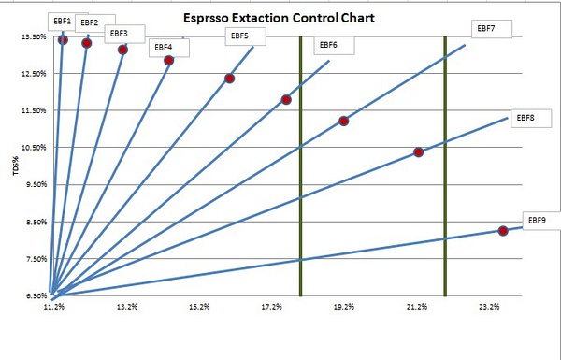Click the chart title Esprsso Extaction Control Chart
coord(279,18)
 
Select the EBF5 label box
coord(245,36)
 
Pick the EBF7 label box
coord(492,29)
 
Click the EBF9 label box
coord(541,221)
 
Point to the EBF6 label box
coord(334,45)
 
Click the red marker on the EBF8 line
coord(418,152)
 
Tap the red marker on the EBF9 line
coord(503,231)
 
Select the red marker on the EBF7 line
coord(343,121)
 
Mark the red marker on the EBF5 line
coord(230,79)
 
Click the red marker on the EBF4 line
coord(169,60)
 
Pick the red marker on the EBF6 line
coord(286,99)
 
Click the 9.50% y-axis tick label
coord(36,184)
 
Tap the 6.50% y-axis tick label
coord(36,295)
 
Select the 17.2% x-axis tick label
coord(271,307)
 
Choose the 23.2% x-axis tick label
coord(489,307)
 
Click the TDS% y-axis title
coord(16,166)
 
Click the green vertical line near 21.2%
coord(445,166)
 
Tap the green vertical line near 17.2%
coord(300,166)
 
